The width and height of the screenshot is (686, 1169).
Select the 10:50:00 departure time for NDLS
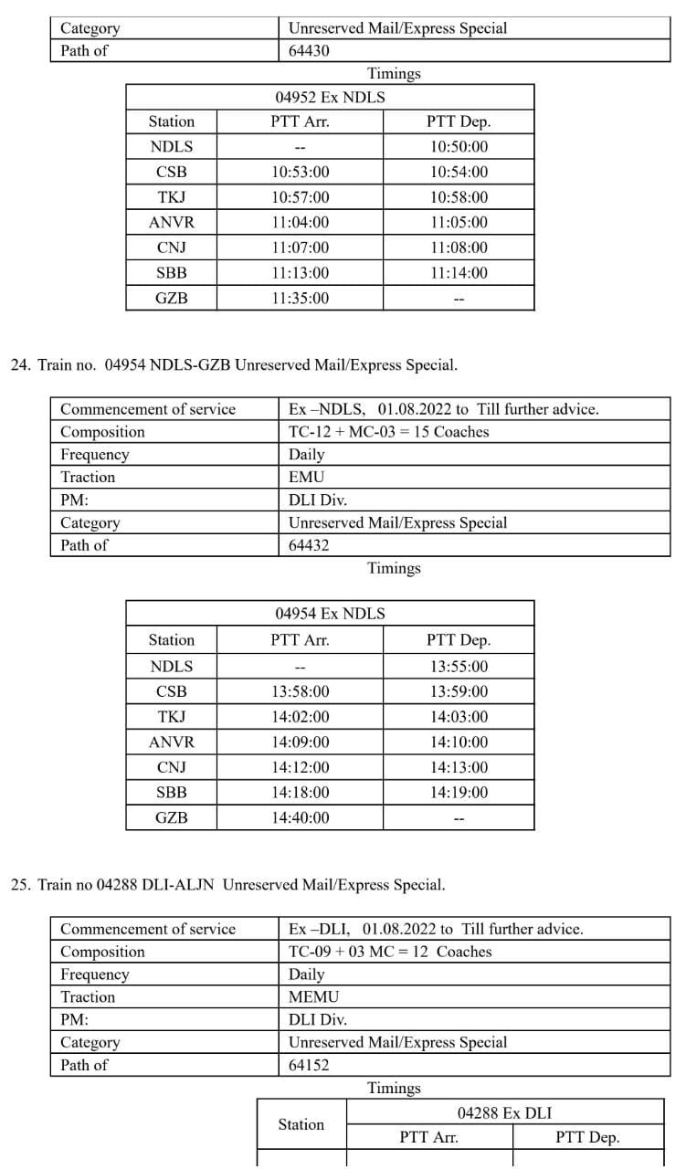pyautogui.click(x=459, y=146)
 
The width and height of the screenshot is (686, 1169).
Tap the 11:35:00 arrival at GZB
pyautogui.click(x=300, y=298)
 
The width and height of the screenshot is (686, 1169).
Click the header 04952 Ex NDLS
pyautogui.click(x=330, y=98)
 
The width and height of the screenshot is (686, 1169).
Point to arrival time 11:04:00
pyautogui.click(x=300, y=222)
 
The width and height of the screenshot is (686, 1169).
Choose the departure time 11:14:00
pyautogui.click(x=459, y=272)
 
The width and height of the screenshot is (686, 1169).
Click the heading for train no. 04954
pyautogui.click(x=234, y=365)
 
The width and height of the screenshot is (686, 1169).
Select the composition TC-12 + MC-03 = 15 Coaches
pyautogui.click(x=388, y=432)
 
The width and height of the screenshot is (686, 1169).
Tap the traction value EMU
pyautogui.click(x=306, y=477)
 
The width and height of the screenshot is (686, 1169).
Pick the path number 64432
pyautogui.click(x=309, y=545)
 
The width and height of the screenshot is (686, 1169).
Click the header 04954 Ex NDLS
pyautogui.click(x=330, y=614)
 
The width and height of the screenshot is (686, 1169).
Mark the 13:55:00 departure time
pyautogui.click(x=459, y=667)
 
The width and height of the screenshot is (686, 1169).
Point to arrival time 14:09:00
pyautogui.click(x=300, y=742)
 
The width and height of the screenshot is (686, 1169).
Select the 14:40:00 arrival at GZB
pyautogui.click(x=300, y=818)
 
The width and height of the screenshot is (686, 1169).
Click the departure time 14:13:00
pyautogui.click(x=459, y=767)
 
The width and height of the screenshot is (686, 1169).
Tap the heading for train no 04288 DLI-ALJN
pyautogui.click(x=228, y=885)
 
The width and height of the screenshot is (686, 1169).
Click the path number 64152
pyautogui.click(x=309, y=1065)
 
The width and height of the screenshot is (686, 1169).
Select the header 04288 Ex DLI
pyautogui.click(x=504, y=1112)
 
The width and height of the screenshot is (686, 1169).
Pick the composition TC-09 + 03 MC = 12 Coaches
pyautogui.click(x=390, y=952)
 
